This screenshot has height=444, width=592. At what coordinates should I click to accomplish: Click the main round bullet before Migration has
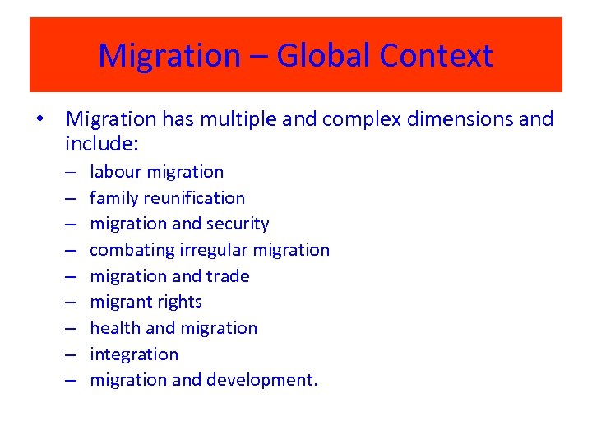click(x=39, y=119)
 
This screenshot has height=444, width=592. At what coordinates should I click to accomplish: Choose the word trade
click(x=228, y=276)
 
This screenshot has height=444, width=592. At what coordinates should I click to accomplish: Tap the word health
click(x=114, y=328)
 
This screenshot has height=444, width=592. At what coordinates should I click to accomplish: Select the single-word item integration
click(x=134, y=354)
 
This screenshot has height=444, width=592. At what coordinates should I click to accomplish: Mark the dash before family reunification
click(x=72, y=198)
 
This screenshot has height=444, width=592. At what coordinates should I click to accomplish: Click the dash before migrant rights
click(x=72, y=302)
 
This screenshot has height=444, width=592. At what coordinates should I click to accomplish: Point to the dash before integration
click(x=72, y=354)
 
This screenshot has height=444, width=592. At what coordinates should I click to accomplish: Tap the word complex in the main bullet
click(x=353, y=119)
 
